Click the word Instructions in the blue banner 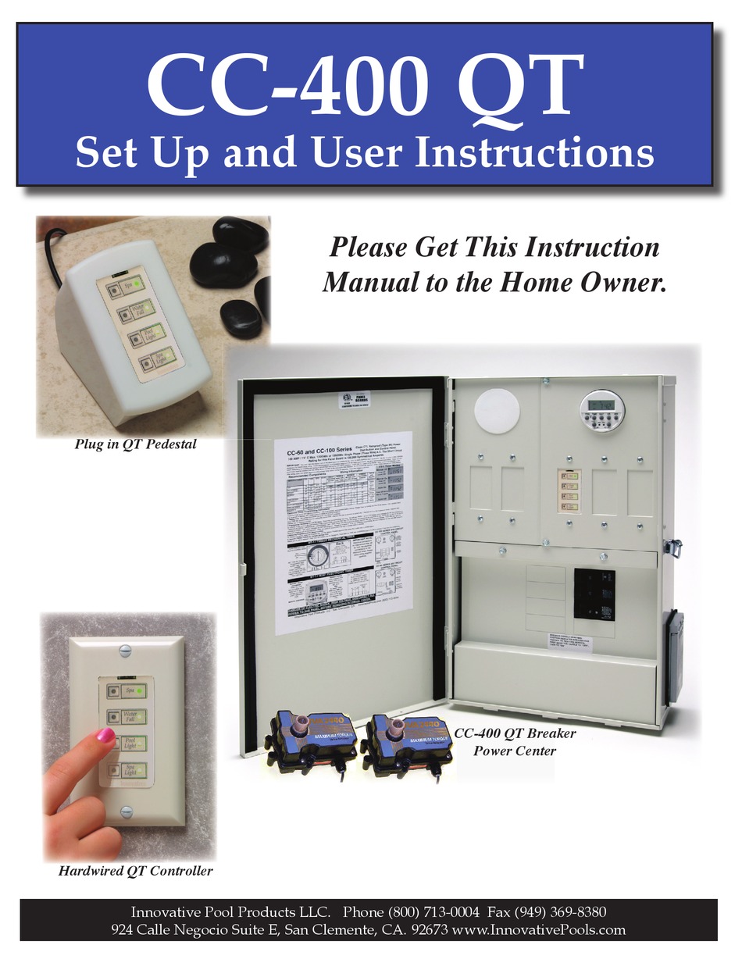coord(533,152)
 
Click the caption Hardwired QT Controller coord(135,870)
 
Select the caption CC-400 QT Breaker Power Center coord(515,743)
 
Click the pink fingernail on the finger coord(105,735)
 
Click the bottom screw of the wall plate coord(127,810)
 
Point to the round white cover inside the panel coord(496,408)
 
